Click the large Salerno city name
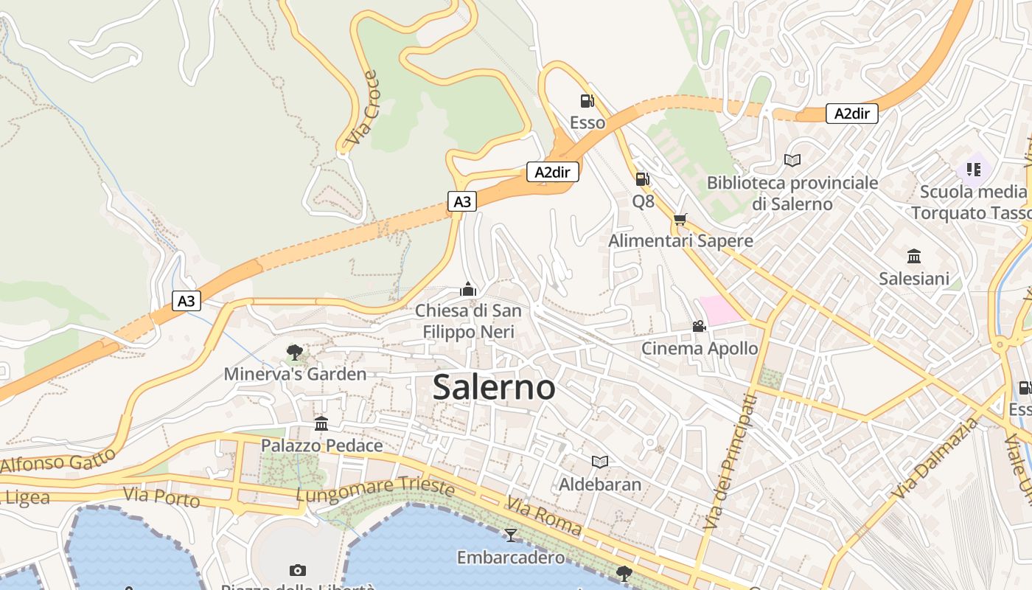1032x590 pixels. [494, 387]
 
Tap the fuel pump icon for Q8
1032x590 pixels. [642, 178]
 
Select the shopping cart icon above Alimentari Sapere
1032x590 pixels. [680, 219]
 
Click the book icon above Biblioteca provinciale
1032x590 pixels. [792, 160]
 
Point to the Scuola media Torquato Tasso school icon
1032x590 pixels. [973, 170]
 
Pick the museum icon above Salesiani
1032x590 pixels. [914, 256]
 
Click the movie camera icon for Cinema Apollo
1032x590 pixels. [698, 326]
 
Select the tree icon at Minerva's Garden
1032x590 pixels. [295, 352]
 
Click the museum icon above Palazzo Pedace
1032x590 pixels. [321, 423]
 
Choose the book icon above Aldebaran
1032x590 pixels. [600, 462]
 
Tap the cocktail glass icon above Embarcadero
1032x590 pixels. [510, 535]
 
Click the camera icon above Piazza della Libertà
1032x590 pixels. [298, 570]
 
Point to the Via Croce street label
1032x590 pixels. [363, 108]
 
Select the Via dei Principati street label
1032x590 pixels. [731, 462]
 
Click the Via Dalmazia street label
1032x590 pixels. [935, 458]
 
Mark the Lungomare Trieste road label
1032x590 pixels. [375, 488]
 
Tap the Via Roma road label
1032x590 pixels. [543, 516]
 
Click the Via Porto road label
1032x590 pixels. [161, 497]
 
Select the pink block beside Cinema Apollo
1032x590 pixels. [719, 310]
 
